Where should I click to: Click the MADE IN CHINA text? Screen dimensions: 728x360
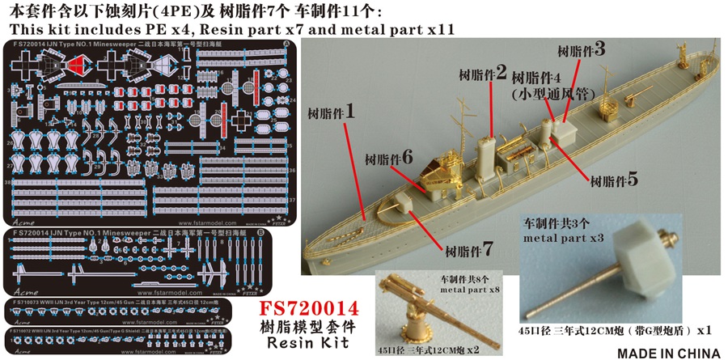668,352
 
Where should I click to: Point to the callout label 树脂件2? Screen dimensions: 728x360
482,74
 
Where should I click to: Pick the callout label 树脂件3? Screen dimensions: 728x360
582,49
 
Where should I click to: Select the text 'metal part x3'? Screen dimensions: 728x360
563,239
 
